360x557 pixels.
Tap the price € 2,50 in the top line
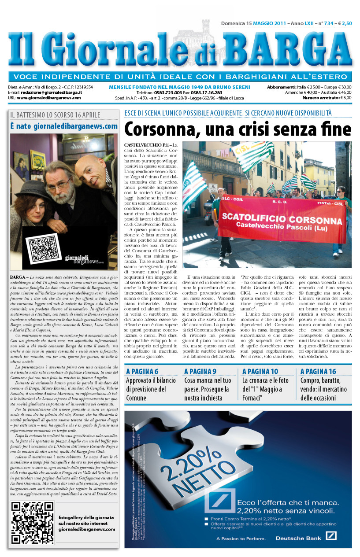[344, 24]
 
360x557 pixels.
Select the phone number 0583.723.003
[165, 93]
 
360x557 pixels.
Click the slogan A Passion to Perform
[241, 538]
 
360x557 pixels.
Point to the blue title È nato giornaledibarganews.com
[63, 126]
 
